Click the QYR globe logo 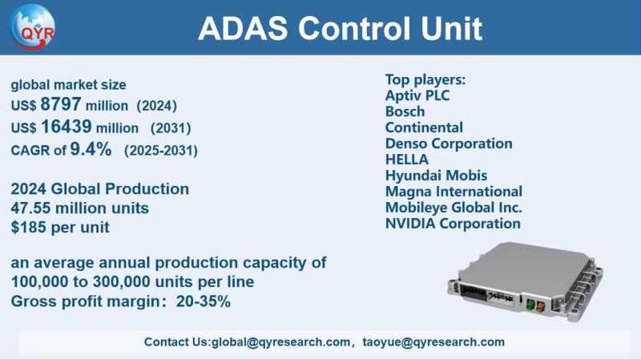(32, 26)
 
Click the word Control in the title (354, 28)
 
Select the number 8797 (61, 104)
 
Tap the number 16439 (66, 127)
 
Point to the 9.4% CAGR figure (91, 149)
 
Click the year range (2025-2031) (161, 151)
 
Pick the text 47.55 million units (79, 208)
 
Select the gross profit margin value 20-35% (204, 301)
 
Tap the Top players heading (425, 79)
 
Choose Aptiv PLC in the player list (417, 95)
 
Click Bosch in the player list (405, 111)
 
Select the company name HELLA (407, 159)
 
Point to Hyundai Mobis (436, 176)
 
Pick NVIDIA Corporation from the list (453, 224)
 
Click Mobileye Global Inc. (454, 208)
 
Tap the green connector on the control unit (530, 305)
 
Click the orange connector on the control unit (540, 306)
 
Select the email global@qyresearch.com (281, 342)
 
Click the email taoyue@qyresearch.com (433, 342)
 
